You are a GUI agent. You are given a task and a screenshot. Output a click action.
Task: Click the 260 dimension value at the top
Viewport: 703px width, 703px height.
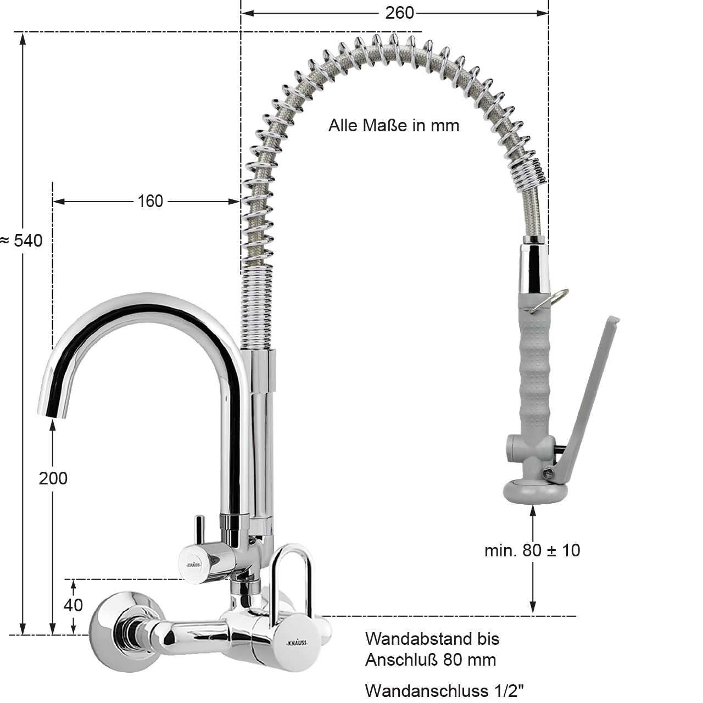click(399, 14)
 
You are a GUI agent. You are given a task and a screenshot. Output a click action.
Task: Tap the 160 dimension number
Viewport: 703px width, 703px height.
click(150, 202)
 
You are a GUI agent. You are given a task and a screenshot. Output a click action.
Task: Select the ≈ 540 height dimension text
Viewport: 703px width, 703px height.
click(21, 241)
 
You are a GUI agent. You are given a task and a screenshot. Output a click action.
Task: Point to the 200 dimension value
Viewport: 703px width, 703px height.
click(53, 478)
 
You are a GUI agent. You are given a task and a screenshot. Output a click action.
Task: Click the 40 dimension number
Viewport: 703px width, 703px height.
click(73, 605)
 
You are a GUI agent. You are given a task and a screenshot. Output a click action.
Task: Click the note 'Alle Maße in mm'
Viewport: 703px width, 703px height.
click(394, 126)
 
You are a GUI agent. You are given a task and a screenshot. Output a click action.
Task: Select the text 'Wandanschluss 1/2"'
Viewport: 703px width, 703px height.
click(444, 690)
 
